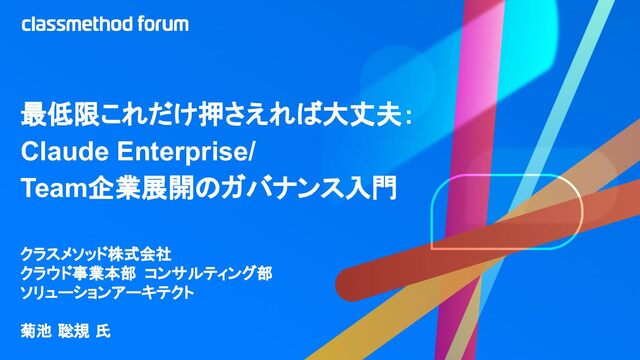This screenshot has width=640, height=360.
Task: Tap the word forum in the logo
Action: (x=163, y=24)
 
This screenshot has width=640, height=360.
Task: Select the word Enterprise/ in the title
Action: (x=186, y=153)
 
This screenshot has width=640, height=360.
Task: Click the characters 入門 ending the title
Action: (x=371, y=188)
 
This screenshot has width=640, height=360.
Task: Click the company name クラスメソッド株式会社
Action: (x=96, y=254)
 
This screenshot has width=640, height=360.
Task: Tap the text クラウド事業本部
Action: (x=78, y=273)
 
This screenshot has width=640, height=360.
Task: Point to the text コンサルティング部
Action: (x=209, y=273)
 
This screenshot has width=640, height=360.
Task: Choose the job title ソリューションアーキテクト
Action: (x=107, y=293)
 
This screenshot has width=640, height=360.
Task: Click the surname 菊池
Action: (x=36, y=331)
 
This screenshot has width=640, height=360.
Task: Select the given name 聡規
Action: (x=74, y=331)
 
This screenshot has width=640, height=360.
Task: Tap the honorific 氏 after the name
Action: (x=103, y=331)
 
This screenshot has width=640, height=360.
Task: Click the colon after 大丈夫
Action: (x=409, y=116)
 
